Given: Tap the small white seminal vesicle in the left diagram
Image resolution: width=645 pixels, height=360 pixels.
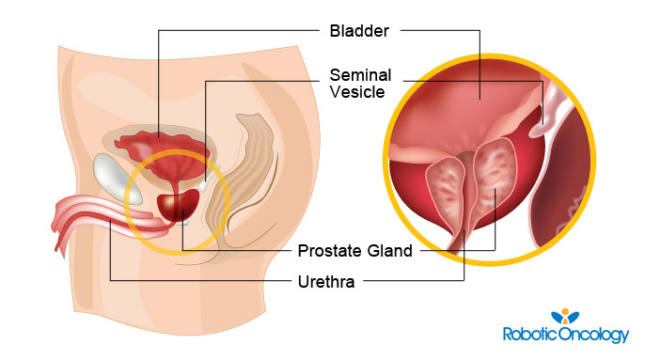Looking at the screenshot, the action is click(x=205, y=188).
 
